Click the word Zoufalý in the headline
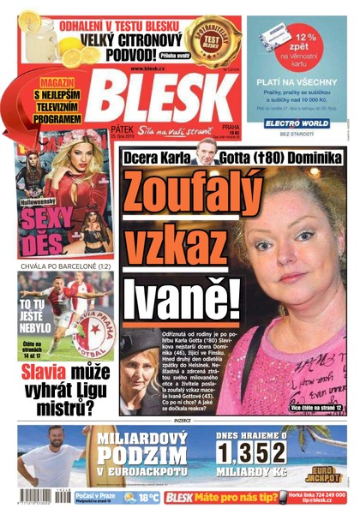[183, 189]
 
